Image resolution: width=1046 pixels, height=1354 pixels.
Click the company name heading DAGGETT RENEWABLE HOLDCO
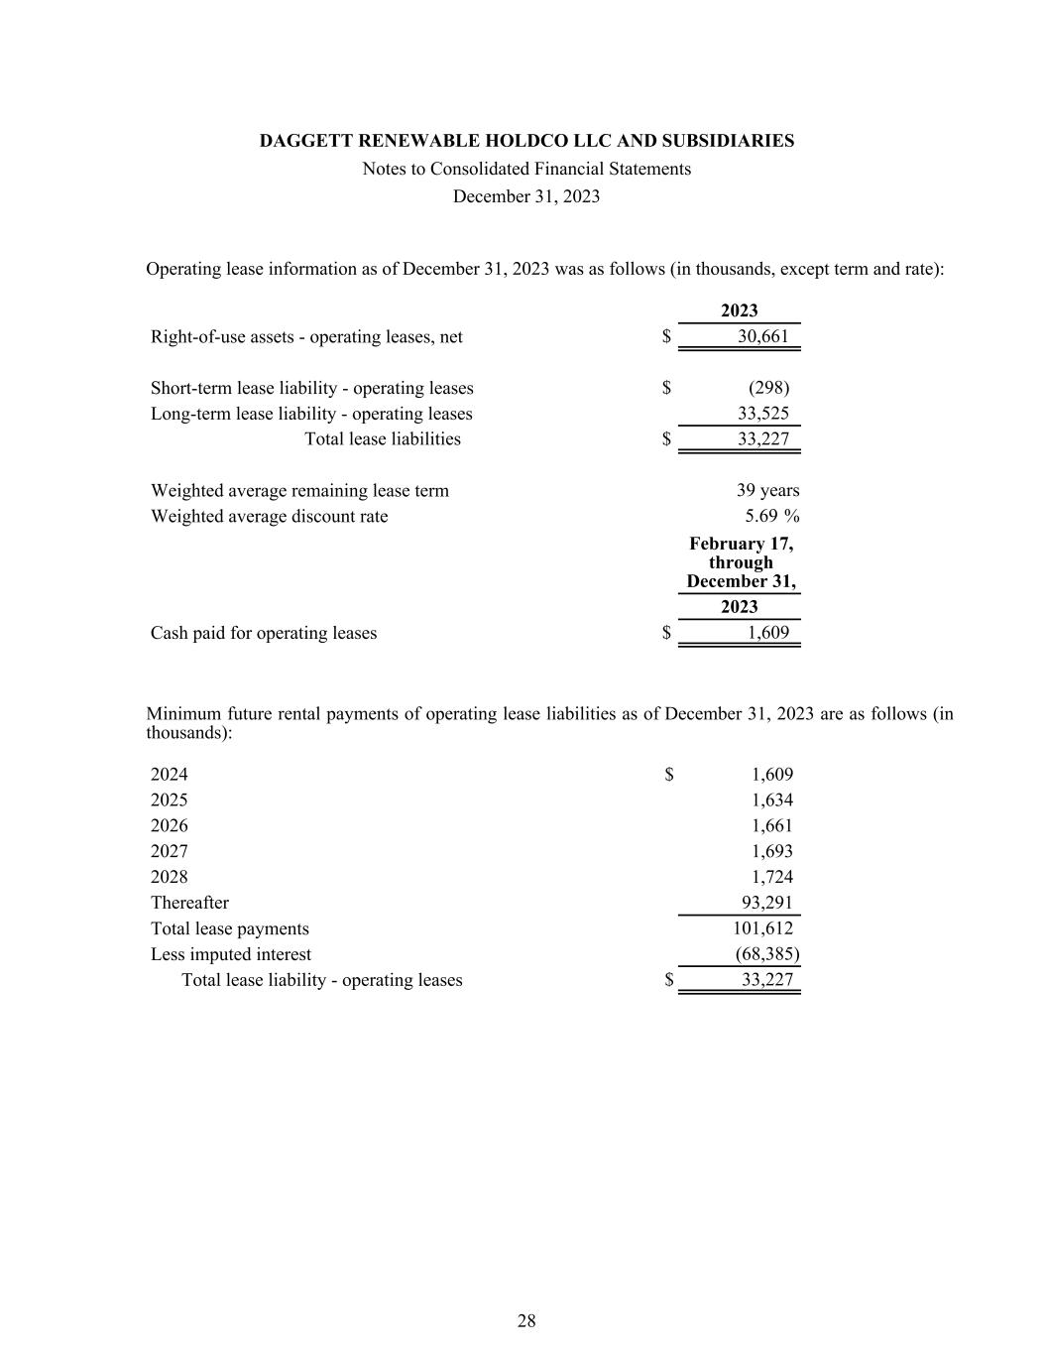526,141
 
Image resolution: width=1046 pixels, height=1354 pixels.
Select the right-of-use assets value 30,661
762,336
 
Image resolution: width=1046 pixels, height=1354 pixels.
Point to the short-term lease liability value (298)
768,388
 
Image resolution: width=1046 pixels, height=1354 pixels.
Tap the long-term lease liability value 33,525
762,414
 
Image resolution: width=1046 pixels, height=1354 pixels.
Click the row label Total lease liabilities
382,438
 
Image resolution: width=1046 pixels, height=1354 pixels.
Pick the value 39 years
767,490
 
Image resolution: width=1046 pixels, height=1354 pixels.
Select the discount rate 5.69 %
771,516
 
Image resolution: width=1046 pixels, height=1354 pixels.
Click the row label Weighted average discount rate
269,516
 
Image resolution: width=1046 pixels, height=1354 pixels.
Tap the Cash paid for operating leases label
263,633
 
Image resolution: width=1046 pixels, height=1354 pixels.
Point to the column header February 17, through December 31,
741,562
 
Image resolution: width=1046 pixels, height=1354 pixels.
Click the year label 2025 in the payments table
169,800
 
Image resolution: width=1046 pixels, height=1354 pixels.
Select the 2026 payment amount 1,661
771,825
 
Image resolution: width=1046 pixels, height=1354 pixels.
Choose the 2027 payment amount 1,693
771,851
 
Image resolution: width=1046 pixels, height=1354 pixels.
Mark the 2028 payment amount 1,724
771,877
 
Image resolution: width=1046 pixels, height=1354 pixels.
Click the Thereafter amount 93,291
766,903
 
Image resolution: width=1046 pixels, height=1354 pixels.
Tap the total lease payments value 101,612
762,928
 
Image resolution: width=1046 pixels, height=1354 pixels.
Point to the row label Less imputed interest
230,954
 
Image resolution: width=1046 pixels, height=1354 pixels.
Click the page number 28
526,1320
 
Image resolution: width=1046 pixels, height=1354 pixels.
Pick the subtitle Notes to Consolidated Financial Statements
526,169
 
